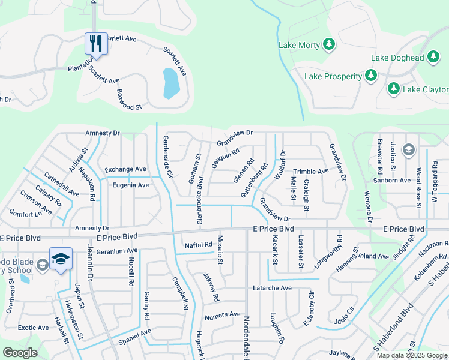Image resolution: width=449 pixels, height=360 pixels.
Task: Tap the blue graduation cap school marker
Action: click(61, 258)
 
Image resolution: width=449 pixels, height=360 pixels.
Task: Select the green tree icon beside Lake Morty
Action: click(328, 44)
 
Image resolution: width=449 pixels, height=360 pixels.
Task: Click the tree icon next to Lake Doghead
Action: click(433, 58)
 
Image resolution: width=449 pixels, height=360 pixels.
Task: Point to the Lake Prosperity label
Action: click(333, 76)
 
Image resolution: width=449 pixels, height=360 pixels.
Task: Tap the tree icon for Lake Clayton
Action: click(394, 89)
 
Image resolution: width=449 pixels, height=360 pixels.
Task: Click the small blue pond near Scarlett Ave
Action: click(170, 83)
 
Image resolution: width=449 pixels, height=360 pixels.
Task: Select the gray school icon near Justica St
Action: click(409, 149)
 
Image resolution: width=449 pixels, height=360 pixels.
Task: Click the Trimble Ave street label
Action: click(310, 172)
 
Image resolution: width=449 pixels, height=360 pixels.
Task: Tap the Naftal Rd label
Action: click(199, 245)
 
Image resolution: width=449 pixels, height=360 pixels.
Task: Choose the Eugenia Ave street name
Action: click(131, 185)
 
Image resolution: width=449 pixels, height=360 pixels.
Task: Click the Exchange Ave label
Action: click(125, 170)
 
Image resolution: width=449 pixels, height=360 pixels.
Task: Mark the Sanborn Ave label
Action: click(391, 180)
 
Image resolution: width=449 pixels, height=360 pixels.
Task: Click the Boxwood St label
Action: click(129, 100)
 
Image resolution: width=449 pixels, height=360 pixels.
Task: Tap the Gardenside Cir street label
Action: click(168, 157)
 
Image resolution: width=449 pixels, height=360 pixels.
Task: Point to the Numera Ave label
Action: click(222, 315)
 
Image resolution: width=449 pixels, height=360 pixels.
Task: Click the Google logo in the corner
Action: click(20, 352)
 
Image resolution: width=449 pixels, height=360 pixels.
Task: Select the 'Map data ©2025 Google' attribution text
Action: click(412, 355)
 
